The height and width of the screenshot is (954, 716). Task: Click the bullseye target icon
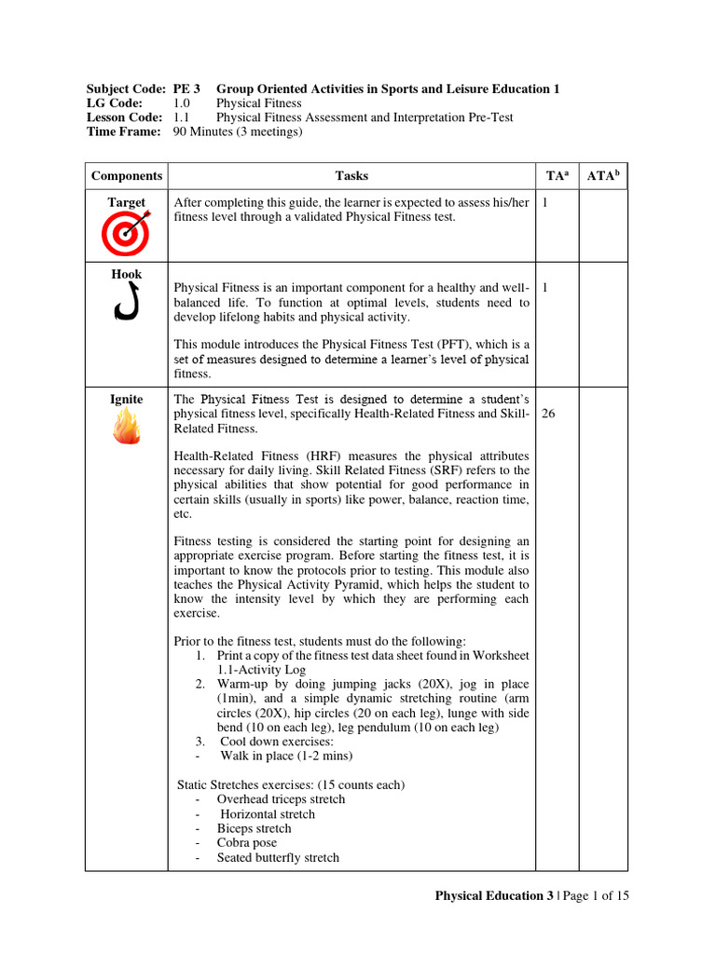pyautogui.click(x=126, y=233)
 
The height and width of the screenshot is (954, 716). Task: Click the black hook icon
pyautogui.click(x=126, y=303)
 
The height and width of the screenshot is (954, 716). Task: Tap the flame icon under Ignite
pyautogui.click(x=126, y=429)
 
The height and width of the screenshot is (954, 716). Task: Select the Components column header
pyautogui.click(x=126, y=176)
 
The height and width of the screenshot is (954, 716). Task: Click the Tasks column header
pyautogui.click(x=351, y=176)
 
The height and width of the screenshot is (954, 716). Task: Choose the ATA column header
pyautogui.click(x=602, y=175)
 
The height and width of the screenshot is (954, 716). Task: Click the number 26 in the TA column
pyautogui.click(x=548, y=415)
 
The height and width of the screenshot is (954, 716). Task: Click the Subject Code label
pyautogui.click(x=127, y=89)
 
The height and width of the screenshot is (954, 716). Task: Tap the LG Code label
pyautogui.click(x=115, y=103)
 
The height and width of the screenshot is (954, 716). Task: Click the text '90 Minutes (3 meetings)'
pyautogui.click(x=238, y=132)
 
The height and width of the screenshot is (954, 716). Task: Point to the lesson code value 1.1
pyautogui.click(x=181, y=117)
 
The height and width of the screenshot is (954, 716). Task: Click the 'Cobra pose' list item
pyautogui.click(x=246, y=843)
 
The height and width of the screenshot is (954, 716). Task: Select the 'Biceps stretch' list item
pyautogui.click(x=254, y=828)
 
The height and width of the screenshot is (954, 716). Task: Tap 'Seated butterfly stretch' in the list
pyautogui.click(x=278, y=857)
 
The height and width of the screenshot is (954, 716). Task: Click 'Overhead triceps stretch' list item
pyautogui.click(x=281, y=799)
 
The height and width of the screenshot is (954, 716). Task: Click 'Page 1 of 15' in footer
pyautogui.click(x=596, y=896)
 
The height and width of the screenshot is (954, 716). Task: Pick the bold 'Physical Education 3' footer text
pyautogui.click(x=494, y=896)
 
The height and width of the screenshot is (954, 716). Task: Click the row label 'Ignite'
pyautogui.click(x=126, y=400)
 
